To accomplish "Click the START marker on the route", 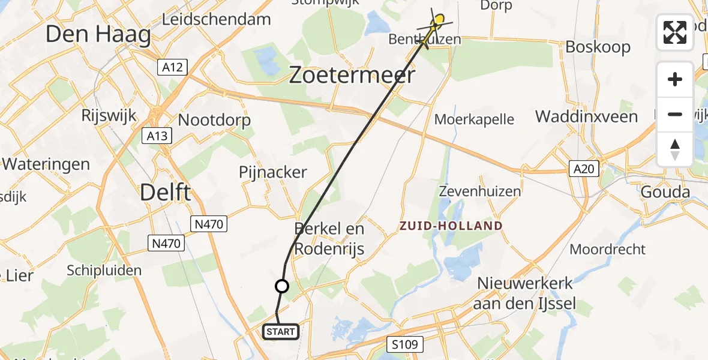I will click(280, 331).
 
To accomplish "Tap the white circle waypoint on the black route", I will click(281, 286).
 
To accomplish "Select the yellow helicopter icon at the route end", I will click(438, 22).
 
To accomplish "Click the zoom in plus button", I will click(675, 79).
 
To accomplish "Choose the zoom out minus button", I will click(675, 114).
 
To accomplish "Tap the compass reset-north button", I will click(675, 149).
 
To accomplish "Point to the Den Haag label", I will click(98, 34).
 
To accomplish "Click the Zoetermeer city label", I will click(352, 75).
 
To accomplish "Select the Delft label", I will click(165, 193).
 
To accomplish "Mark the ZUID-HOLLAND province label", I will click(451, 226).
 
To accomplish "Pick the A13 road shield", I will click(157, 136).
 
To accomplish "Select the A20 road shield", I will click(584, 169).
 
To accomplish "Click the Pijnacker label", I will click(273, 172).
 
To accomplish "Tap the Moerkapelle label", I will click(474, 119).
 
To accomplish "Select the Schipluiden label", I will click(104, 270).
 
